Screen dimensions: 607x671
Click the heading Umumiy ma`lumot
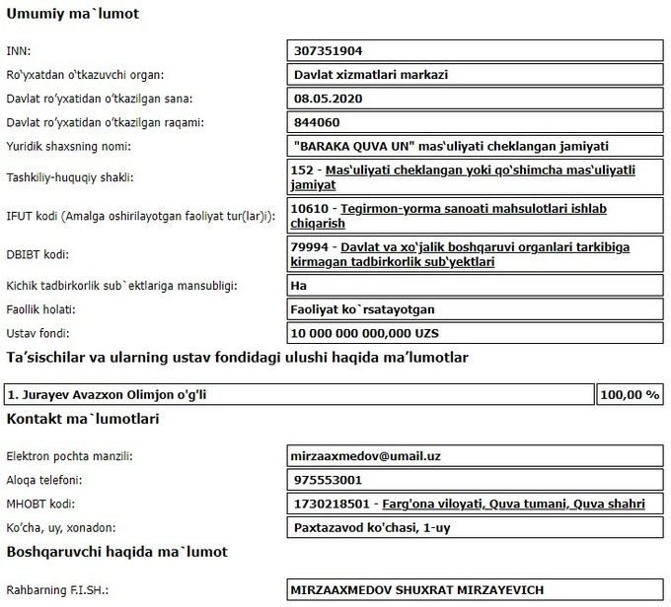click(73, 15)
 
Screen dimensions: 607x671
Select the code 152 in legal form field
click(306, 169)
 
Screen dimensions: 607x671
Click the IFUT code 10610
click(312, 209)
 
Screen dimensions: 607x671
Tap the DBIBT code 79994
click(312, 246)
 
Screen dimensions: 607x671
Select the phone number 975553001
click(328, 480)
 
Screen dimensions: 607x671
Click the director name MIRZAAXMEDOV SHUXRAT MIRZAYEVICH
click(417, 590)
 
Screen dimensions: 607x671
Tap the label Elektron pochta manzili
click(69, 456)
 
